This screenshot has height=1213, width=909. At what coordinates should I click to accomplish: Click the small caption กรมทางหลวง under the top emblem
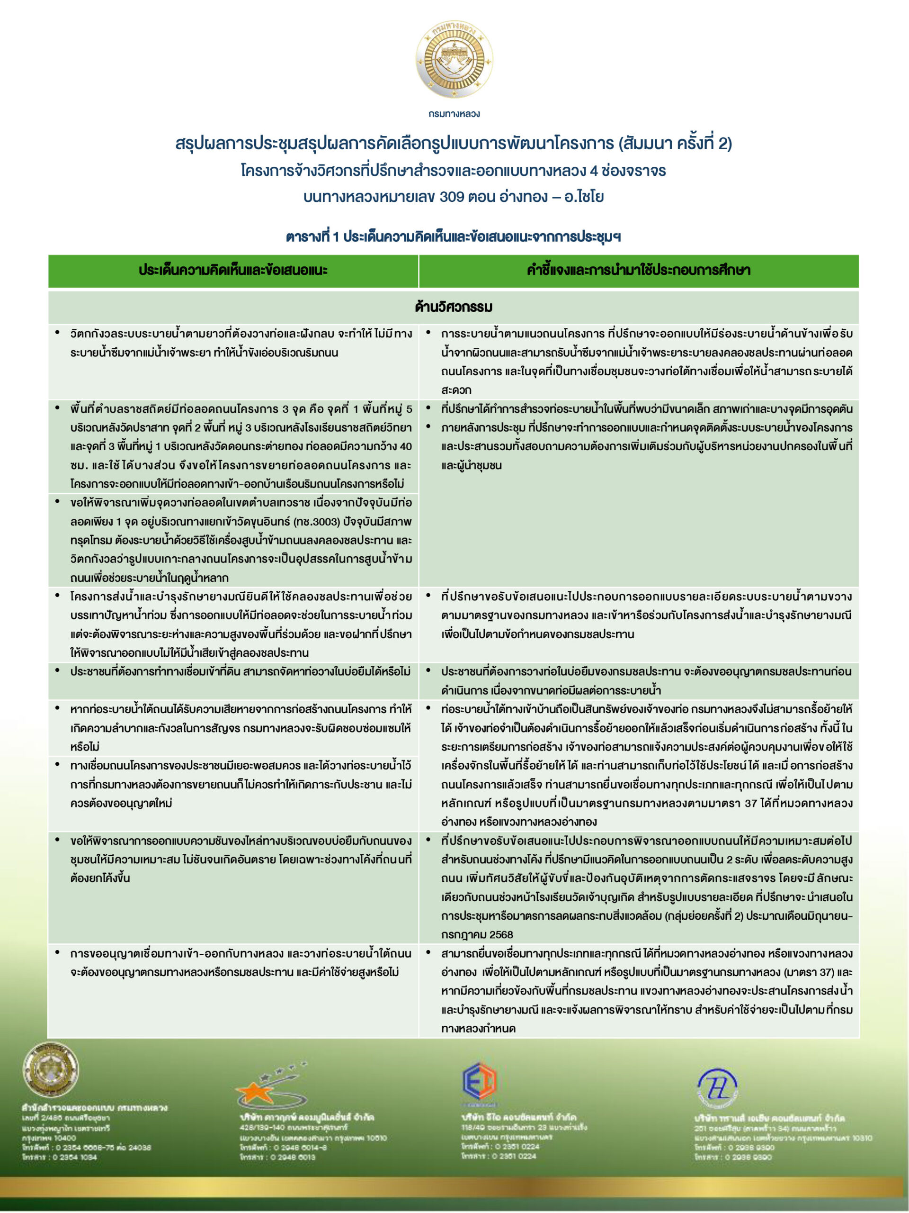point(454,114)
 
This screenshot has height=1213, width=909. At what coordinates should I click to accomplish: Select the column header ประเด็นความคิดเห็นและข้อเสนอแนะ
point(233,271)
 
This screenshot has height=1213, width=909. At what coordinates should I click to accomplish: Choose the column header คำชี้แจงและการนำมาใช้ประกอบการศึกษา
point(638,271)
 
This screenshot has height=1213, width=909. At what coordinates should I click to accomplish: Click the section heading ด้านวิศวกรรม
point(454,307)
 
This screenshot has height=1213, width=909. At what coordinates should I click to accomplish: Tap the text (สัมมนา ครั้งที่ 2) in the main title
point(675,144)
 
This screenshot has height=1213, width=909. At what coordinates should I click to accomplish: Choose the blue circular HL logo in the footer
point(717,1088)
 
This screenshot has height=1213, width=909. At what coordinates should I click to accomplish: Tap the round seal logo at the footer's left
point(50,1069)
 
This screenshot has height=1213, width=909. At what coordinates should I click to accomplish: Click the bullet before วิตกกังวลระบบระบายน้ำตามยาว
point(58,333)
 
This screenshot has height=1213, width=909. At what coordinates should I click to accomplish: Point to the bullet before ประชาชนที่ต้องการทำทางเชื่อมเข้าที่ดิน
point(58,670)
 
